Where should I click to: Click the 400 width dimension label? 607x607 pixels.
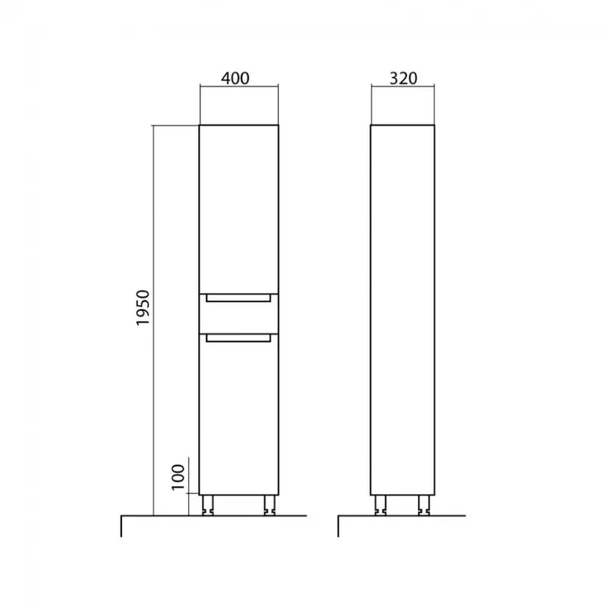click(x=235, y=78)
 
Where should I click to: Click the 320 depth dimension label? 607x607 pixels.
click(x=403, y=78)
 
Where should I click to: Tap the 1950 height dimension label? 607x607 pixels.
click(x=143, y=308)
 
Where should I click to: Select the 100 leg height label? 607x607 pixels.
click(x=178, y=477)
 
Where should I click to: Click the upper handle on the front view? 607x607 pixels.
click(x=238, y=298)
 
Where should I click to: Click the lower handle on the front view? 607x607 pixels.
click(x=238, y=338)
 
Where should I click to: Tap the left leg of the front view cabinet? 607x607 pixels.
click(x=208, y=505)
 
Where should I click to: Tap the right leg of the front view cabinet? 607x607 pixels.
click(x=269, y=505)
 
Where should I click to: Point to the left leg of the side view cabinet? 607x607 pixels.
click(x=381, y=505)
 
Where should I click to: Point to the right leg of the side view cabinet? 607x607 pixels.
click(x=424, y=505)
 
